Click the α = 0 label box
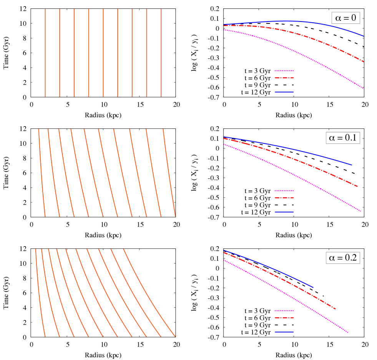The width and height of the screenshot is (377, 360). [345, 18]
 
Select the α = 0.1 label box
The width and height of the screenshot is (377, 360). [343, 138]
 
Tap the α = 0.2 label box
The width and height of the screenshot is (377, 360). [343, 258]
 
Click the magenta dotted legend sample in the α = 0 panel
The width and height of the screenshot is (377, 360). [284, 71]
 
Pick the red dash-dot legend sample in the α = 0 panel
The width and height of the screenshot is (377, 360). [284, 78]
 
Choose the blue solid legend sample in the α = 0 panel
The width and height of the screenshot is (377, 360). [284, 92]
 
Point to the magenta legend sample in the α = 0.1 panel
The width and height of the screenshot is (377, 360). [284, 190]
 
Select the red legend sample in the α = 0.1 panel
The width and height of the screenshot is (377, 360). [284, 198]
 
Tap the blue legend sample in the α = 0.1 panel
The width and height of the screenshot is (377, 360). [284, 212]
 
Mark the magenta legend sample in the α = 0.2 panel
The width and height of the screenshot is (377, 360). [284, 310]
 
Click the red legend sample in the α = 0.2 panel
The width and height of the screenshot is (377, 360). [284, 318]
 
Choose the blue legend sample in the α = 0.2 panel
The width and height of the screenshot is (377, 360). [284, 332]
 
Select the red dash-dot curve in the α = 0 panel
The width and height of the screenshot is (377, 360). [307, 37]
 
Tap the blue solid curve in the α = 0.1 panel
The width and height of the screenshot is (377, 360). [307, 152]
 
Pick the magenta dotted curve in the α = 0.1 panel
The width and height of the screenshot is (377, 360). [307, 179]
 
